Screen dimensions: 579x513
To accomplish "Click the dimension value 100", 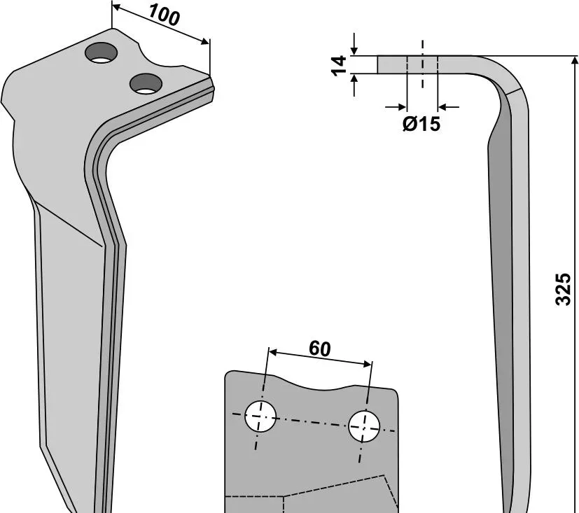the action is (165, 16).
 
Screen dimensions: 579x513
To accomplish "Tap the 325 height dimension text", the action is (563, 289).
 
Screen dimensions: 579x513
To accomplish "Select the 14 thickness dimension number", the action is (339, 65).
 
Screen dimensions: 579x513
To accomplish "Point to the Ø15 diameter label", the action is (421, 124).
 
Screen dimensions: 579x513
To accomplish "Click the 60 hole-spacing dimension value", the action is (320, 349).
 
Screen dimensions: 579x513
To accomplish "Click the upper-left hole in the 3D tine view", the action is (102, 52).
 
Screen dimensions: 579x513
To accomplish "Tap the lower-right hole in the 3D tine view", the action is (146, 84).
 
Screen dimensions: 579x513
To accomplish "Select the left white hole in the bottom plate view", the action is (260, 416).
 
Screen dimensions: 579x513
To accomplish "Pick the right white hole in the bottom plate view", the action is (364, 426).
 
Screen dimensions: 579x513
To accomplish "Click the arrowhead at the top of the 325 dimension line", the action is (574, 60).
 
